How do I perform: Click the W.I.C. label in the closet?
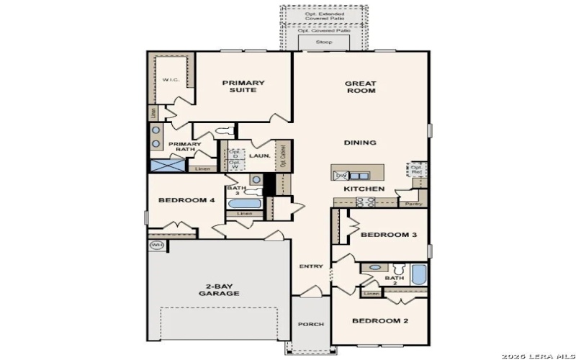(x=170, y=80)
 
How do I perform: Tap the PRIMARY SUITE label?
(x=243, y=86)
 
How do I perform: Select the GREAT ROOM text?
(x=361, y=86)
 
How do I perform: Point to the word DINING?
(x=360, y=143)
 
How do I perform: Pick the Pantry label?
(x=413, y=204)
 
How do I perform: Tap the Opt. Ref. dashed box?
(x=416, y=170)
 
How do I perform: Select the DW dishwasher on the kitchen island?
(x=342, y=175)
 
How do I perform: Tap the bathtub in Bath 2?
(x=418, y=275)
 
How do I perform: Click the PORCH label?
(x=311, y=324)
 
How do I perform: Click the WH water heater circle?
(x=156, y=246)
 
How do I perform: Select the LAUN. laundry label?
(x=259, y=155)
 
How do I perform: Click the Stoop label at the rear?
(x=324, y=43)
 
